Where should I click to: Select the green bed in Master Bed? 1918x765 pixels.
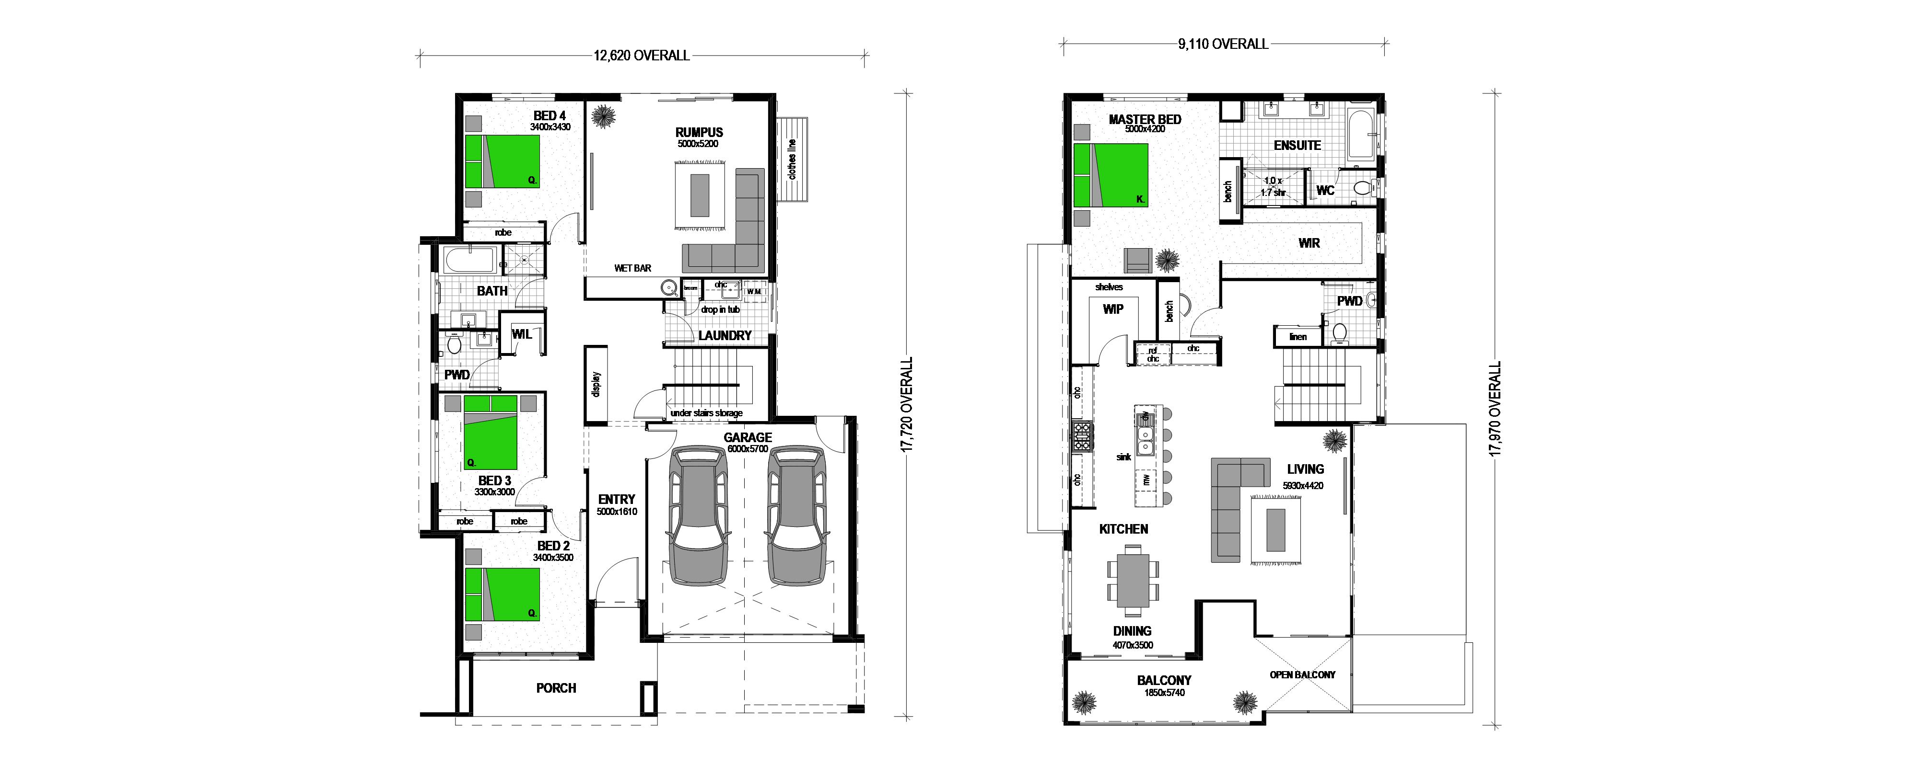pos(1111,175)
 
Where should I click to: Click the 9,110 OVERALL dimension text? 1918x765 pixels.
pos(1223,45)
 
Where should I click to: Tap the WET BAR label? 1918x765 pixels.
pos(632,268)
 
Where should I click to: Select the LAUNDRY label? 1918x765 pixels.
pos(725,336)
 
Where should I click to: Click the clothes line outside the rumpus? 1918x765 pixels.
pos(792,159)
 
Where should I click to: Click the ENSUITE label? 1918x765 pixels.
pos(1297,146)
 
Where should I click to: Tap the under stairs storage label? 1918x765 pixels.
pos(706,413)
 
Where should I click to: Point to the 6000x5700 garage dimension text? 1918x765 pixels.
pos(748,449)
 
